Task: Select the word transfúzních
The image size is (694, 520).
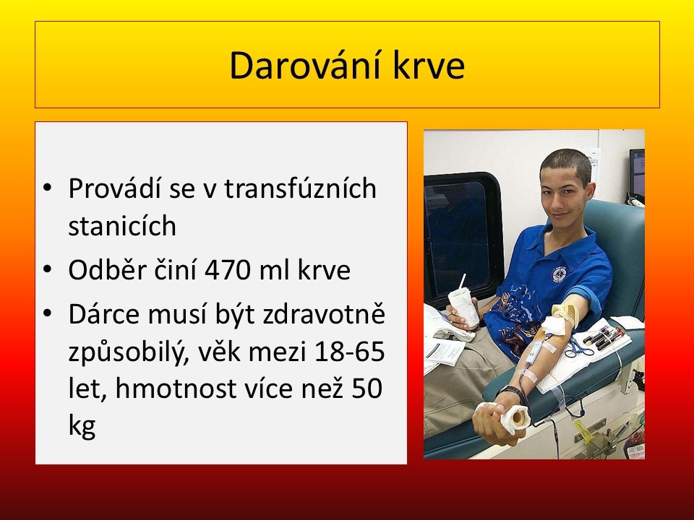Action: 300,188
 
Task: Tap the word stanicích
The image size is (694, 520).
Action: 122,225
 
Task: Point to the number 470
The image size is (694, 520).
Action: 228,270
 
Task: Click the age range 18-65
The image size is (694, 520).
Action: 348,352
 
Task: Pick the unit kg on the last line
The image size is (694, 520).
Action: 82,426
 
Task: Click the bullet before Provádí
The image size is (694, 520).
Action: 48,188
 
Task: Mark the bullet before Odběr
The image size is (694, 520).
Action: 48,269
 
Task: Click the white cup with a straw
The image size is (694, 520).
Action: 463,305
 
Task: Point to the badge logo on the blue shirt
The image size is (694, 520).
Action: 559,274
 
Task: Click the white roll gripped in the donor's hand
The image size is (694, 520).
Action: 515,418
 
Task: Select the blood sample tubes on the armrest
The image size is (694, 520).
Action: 604,337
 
